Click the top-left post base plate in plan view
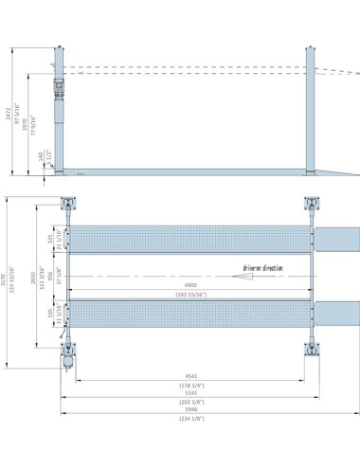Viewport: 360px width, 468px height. [x=68, y=204]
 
